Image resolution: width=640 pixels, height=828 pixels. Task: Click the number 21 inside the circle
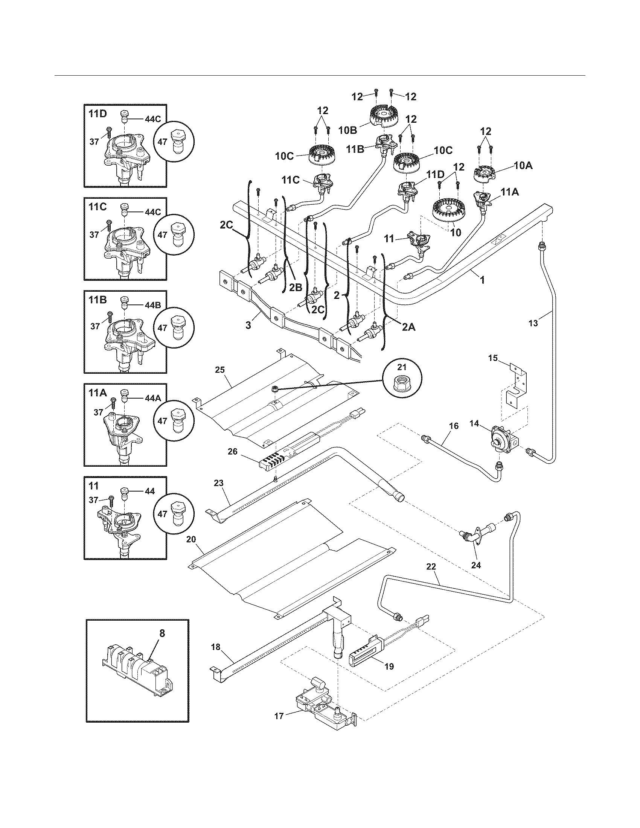402,367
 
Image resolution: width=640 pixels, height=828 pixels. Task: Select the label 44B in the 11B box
153,304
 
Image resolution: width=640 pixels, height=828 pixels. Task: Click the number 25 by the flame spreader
220,370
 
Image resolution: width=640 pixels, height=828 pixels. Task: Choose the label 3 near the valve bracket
248,325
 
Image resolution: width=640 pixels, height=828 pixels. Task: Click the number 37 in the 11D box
94,142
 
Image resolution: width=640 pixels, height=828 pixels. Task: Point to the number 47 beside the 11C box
162,235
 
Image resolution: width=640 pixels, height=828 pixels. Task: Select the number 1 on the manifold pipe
482,280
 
